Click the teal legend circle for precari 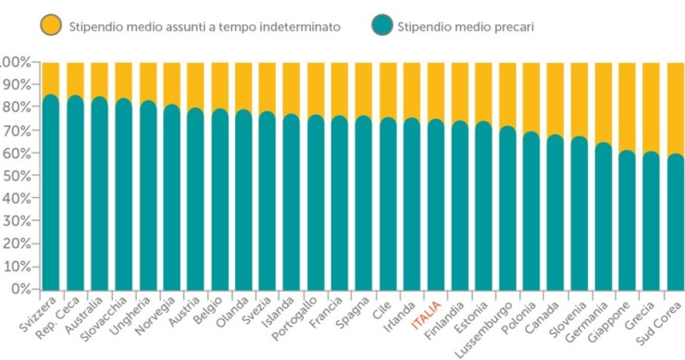point(380,27)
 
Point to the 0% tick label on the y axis point(20,289)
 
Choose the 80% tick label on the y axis point(16,107)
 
